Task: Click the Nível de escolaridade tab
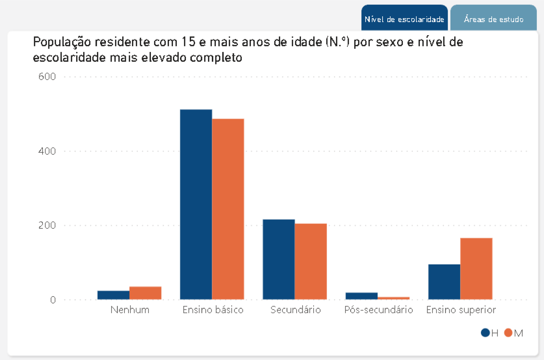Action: (404, 19)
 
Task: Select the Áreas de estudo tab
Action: (493, 19)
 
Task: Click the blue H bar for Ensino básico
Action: (196, 204)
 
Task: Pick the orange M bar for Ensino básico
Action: (228, 209)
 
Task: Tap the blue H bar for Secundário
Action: (279, 259)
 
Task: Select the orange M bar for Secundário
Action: (311, 261)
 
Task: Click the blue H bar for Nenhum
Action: (113, 295)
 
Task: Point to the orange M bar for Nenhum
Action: (145, 293)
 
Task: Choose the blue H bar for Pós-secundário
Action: (361, 296)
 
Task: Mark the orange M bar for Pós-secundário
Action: (393, 298)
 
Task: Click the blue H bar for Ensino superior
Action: (444, 282)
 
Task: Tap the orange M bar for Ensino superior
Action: (476, 268)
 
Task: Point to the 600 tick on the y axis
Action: (47, 76)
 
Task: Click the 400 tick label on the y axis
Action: (47, 151)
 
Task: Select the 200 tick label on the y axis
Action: (47, 225)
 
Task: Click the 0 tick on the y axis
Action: (53, 300)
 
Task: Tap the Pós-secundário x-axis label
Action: (379, 310)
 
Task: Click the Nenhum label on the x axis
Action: (130, 310)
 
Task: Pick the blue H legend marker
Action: (485, 333)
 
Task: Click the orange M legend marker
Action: (508, 333)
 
